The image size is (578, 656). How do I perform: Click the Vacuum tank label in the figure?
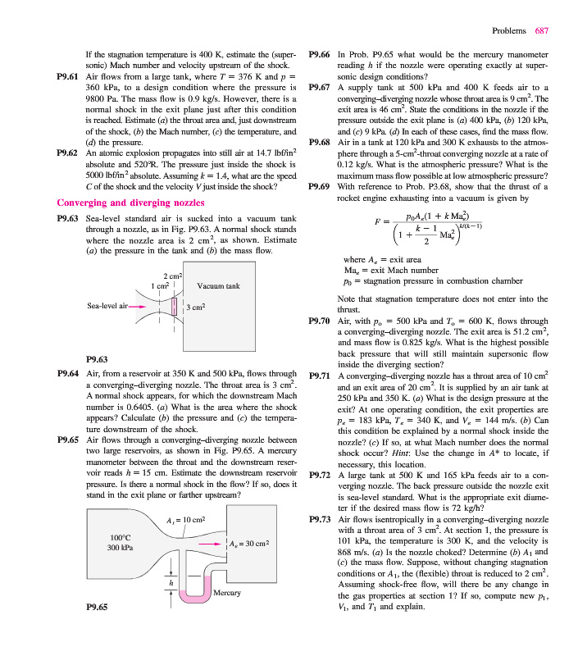click(218, 286)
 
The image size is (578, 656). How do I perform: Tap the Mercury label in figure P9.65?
click(225, 591)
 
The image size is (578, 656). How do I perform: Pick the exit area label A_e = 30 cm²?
click(250, 543)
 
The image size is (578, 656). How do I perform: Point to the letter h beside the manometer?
click(171, 583)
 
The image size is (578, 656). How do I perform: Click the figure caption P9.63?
click(97, 358)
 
